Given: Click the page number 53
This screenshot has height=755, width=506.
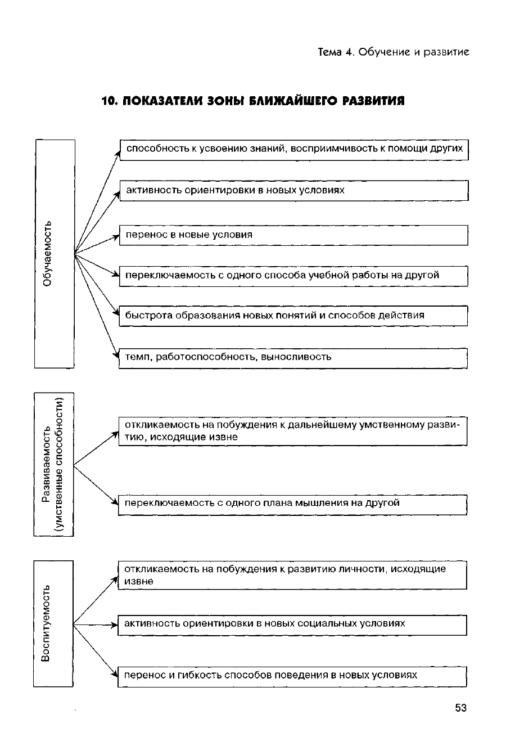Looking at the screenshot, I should (460, 708).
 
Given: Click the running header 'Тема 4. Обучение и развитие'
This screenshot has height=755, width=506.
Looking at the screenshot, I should (393, 52).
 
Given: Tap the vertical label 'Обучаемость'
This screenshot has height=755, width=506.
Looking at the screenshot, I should (48, 254).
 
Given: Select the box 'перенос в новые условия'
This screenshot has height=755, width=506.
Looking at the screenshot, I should (293, 235).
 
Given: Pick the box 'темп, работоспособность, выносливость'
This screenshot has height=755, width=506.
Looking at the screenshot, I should (293, 358).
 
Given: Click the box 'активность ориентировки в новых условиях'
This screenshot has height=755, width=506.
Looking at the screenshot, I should (293, 191).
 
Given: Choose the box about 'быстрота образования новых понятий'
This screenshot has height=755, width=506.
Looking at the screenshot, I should (293, 316).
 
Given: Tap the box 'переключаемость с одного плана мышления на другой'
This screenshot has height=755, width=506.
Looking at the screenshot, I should (293, 504).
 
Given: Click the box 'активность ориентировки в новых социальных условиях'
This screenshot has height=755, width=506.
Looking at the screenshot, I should (292, 624).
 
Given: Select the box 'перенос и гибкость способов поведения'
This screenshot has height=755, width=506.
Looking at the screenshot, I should (292, 676).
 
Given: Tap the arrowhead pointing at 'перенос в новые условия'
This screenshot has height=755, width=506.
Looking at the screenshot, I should (116, 237).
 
